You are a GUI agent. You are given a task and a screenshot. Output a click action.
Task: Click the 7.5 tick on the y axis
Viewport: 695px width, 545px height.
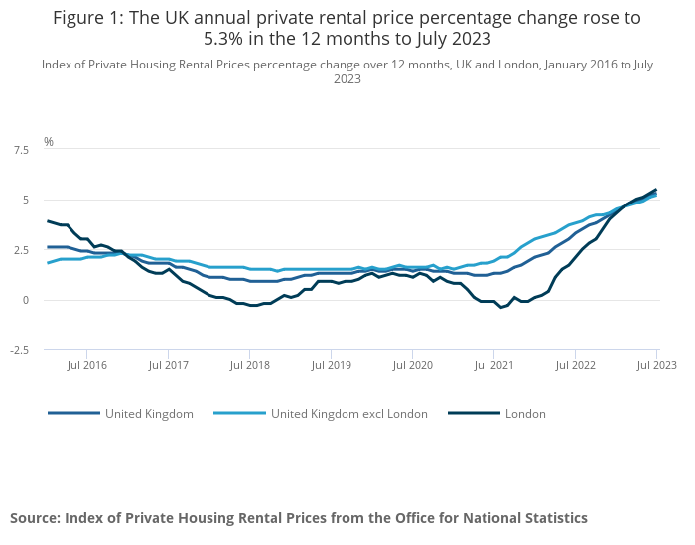pos(21,149)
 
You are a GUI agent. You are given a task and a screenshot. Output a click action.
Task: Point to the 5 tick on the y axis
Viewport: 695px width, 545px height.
pos(26,200)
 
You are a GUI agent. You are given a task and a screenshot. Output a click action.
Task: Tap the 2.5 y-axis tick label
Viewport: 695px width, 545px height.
pos(21,250)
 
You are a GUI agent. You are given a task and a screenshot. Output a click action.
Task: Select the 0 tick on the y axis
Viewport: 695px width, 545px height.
pos(26,300)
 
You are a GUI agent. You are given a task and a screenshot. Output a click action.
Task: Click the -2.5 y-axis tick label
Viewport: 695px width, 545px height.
pos(20,350)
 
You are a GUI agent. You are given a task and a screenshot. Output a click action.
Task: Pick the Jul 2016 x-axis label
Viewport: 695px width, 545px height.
pos(86,366)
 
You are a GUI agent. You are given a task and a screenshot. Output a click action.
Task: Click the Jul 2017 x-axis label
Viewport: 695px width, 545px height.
pos(168,366)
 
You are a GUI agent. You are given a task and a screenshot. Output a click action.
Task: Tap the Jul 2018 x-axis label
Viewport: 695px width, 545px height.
pos(249,366)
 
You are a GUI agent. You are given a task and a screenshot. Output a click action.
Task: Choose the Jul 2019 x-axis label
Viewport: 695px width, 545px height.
pos(331,366)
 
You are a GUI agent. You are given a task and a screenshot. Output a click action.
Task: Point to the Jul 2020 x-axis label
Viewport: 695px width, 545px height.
pos(412,366)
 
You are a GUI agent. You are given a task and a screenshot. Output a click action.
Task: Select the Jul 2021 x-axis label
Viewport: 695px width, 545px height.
pos(493,366)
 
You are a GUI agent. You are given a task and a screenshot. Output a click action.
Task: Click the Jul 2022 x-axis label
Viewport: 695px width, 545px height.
pos(575,366)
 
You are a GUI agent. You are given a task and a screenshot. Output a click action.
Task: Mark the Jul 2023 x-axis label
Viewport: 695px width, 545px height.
pos(656,366)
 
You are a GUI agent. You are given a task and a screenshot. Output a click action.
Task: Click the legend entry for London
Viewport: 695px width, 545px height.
pos(525,413)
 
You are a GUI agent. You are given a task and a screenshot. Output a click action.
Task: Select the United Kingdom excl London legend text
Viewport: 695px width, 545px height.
pos(348,413)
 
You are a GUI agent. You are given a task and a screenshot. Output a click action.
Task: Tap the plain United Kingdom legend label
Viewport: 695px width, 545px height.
pos(149,413)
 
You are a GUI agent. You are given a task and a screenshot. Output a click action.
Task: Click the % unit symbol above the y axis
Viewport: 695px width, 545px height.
pos(48,141)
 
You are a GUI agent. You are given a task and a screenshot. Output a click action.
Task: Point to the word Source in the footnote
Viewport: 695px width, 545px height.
pos(36,518)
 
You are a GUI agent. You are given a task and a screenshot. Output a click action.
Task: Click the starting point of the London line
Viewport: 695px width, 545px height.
pos(48,221)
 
